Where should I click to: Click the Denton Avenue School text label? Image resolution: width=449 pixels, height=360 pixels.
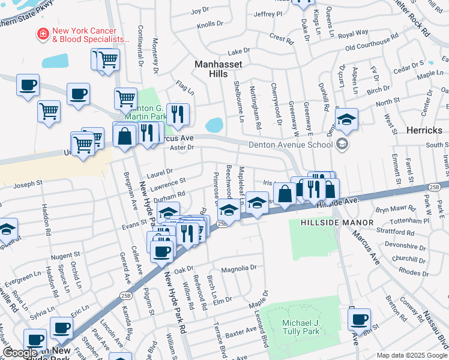click(291, 144)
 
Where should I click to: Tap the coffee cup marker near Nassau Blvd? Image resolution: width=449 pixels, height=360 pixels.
click(359, 320)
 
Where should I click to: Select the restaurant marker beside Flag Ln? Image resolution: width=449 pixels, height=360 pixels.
click(178, 113)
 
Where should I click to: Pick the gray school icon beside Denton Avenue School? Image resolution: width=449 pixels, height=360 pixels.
click(342, 143)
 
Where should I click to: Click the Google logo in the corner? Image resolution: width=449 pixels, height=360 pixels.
click(20, 353)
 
